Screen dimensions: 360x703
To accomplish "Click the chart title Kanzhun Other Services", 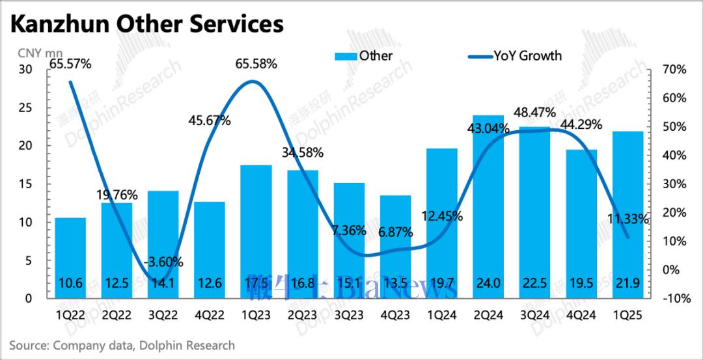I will pyautogui.click(x=147, y=24).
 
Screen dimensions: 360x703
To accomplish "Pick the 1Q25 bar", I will pyautogui.click(x=627, y=215).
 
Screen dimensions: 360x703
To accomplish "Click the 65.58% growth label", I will pyautogui.click(x=256, y=64).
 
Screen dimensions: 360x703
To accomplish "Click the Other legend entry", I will pyautogui.click(x=365, y=56).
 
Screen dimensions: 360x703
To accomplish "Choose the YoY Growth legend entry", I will pyautogui.click(x=514, y=56).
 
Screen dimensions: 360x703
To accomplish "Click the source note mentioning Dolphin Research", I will pyautogui.click(x=122, y=345).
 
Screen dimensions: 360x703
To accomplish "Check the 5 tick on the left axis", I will pyautogui.click(x=29, y=260).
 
